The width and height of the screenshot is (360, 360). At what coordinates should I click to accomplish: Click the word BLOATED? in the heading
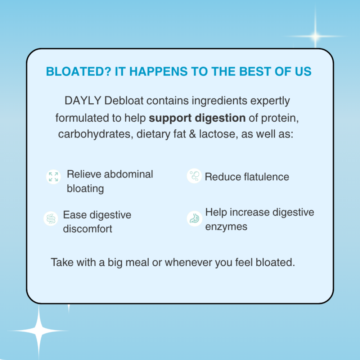click(78, 71)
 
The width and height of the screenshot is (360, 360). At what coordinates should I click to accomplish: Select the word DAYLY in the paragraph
click(83, 100)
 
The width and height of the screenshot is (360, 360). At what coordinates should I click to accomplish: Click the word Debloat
click(124, 100)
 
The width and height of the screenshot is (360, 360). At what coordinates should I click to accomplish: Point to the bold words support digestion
click(197, 118)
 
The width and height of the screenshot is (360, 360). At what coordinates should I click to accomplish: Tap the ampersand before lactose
click(192, 134)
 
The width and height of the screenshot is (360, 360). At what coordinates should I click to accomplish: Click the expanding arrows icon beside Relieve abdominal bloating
click(54, 177)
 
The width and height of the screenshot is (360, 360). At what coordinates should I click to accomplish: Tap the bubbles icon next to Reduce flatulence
click(194, 176)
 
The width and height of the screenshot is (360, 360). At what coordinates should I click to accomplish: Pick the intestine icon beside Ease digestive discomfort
click(51, 219)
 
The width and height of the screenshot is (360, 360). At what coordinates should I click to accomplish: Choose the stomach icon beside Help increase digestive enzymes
click(194, 219)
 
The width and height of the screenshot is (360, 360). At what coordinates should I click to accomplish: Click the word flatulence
click(266, 177)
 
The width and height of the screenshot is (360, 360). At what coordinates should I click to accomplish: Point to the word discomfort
click(87, 229)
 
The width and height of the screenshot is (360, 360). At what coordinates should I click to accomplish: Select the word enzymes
click(226, 227)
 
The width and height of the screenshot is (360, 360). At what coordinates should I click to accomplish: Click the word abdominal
click(129, 174)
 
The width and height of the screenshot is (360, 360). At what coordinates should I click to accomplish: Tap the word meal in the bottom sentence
click(137, 262)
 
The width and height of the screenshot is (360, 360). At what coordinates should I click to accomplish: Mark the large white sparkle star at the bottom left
click(39, 330)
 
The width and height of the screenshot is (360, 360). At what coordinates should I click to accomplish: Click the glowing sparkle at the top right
click(316, 36)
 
